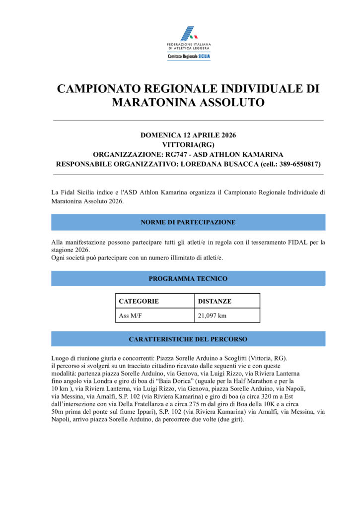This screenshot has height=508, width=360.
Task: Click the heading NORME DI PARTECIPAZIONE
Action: [x=188, y=222]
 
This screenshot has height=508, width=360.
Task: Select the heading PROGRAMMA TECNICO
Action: [x=188, y=279]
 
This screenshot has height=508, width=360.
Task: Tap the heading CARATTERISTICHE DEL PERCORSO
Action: [x=188, y=339]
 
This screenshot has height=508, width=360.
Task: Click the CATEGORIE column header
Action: [x=139, y=301]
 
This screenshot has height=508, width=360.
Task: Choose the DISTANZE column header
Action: [x=215, y=301]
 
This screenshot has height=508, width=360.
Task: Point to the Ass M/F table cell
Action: [x=130, y=316]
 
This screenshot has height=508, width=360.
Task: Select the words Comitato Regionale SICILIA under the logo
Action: [x=188, y=57]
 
